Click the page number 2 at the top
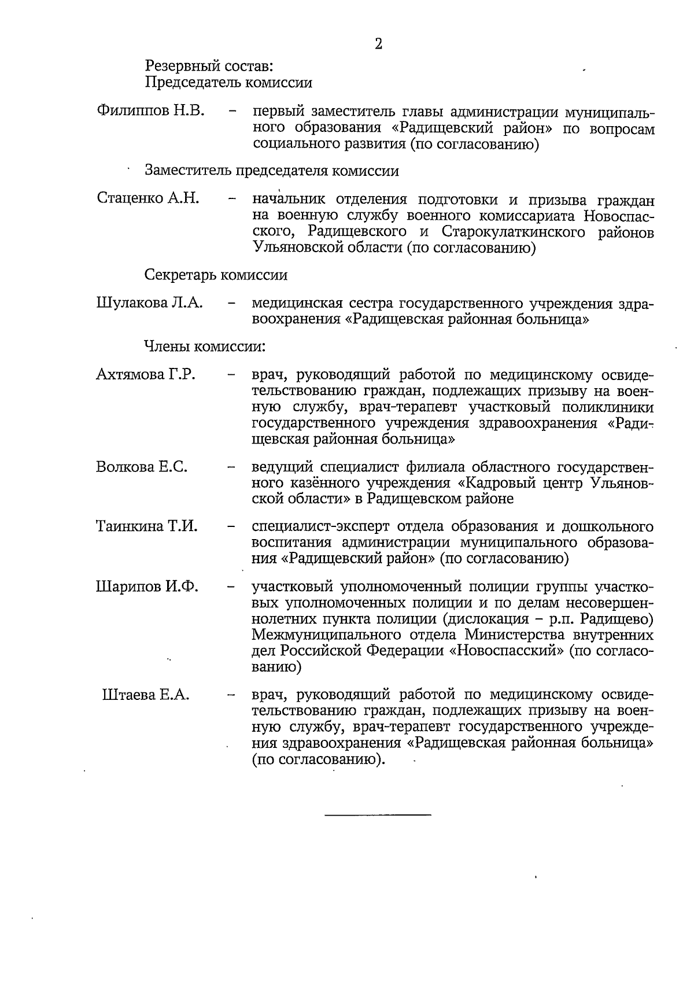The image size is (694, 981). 379,44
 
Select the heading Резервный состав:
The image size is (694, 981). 209,66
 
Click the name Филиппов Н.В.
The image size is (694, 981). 152,110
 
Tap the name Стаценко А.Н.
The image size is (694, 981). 149,198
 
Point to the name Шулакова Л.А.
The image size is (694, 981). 150,303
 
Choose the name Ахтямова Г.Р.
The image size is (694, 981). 146,374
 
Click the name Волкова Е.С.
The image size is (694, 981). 142,467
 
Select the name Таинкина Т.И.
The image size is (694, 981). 147,526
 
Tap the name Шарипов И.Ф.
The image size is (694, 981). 147,587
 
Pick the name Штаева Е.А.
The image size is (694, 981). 146,695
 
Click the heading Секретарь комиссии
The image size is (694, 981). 216,275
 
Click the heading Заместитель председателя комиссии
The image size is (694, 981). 272,171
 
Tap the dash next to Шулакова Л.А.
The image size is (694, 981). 232,303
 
